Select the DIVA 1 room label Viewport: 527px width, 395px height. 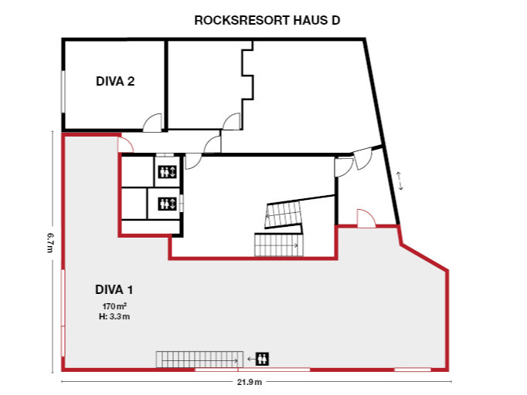(x=114, y=290)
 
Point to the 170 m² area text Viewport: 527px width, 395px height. (x=114, y=306)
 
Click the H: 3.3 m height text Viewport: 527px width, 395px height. (x=114, y=316)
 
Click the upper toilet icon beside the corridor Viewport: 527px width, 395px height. (x=168, y=171)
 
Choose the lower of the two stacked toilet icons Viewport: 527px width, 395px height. (x=168, y=204)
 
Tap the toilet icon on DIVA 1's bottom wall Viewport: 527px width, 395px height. (x=263, y=359)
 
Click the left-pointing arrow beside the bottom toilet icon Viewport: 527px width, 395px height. (x=250, y=359)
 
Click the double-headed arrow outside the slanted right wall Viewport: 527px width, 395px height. (x=399, y=180)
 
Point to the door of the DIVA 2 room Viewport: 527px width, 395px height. (x=153, y=122)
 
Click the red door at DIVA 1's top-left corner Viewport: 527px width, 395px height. (x=126, y=144)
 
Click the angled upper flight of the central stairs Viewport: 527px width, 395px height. (x=283, y=214)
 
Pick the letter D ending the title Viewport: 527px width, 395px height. (x=335, y=21)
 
